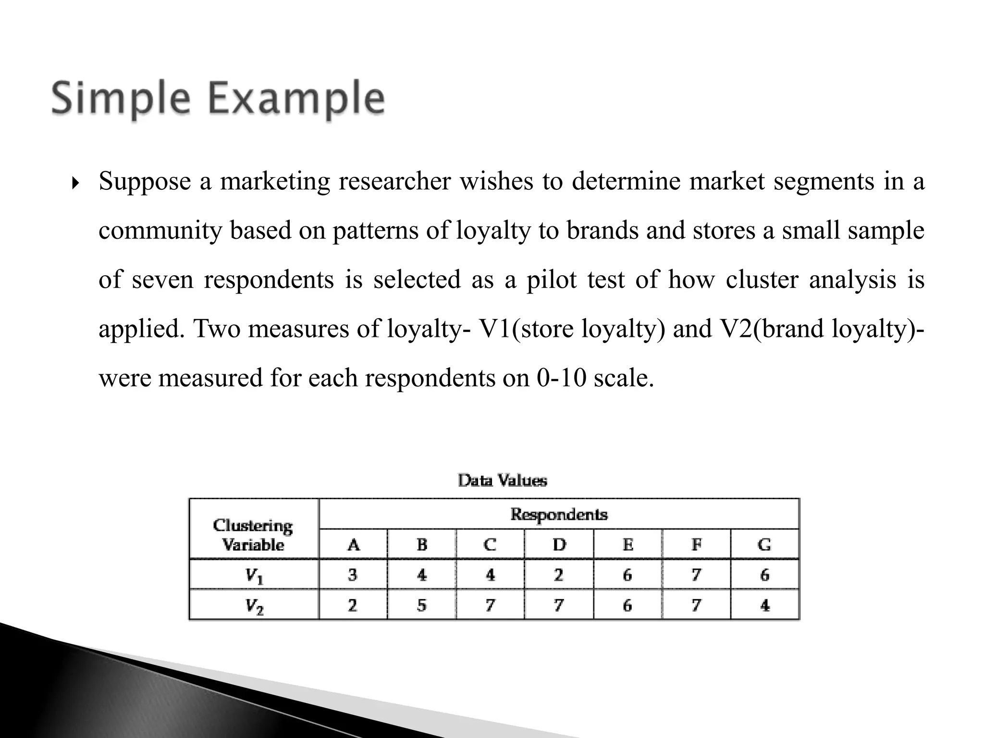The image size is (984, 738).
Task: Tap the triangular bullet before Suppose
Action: pos(74,183)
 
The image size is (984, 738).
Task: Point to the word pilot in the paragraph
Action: pos(552,280)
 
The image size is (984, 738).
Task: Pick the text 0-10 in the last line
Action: pos(561,378)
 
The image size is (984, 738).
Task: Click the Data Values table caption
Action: pos(502,480)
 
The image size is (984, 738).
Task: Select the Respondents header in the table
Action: pos(559,515)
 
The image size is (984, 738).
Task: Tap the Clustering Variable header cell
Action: pos(253,535)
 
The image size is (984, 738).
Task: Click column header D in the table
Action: pos(559,545)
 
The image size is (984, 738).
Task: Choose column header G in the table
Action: pos(764,545)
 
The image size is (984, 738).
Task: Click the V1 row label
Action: pos(254,576)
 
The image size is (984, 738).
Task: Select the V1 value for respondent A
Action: pos(353,575)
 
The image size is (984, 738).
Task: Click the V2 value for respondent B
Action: pos(421,605)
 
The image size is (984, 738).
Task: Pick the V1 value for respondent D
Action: pos(558,575)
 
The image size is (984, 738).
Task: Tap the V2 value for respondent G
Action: pos(765,605)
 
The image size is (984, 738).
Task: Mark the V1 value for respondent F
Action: pos(696,575)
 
